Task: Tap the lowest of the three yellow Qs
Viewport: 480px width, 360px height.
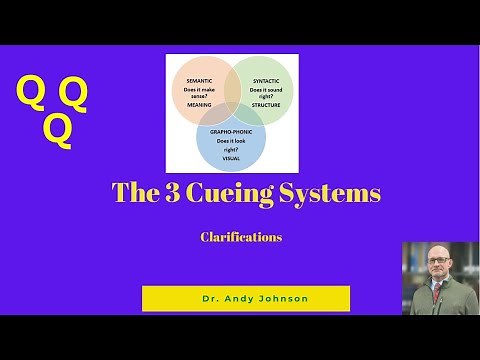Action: click(58, 130)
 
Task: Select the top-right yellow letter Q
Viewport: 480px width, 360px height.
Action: click(73, 94)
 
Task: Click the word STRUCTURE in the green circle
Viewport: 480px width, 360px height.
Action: click(266, 104)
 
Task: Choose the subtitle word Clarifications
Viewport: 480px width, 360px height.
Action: click(241, 237)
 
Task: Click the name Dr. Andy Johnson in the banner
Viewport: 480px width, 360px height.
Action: click(245, 298)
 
